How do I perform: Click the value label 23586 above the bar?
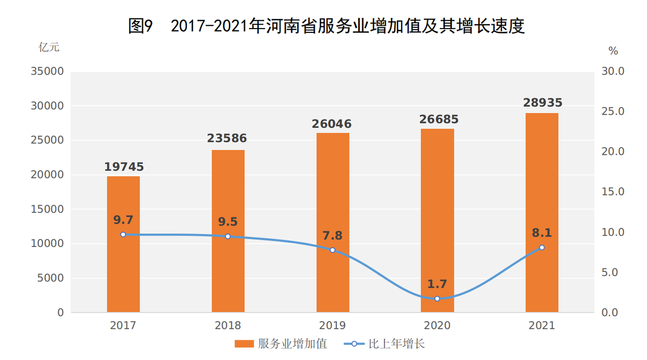tap(227, 139)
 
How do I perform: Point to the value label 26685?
tap(437, 119)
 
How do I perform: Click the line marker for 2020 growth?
tap(437, 299)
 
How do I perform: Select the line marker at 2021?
tap(542, 247)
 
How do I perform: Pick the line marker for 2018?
tap(228, 237)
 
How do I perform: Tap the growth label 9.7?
tap(123, 220)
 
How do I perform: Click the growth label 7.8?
tap(332, 236)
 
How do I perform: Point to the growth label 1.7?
tap(437, 284)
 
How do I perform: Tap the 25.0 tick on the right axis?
tap(613, 112)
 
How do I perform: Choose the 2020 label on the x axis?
tap(437, 326)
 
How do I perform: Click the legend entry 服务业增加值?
tap(280, 344)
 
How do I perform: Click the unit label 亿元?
tap(49, 47)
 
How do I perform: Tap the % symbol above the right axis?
tap(613, 51)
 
